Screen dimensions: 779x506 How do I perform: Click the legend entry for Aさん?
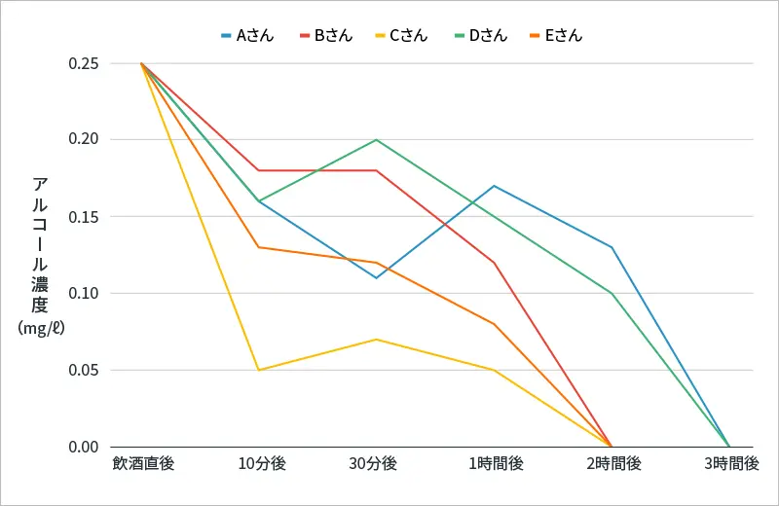coord(247,36)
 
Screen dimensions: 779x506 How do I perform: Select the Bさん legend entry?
coord(326,36)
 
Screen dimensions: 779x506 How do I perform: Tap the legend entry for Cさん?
coord(401,36)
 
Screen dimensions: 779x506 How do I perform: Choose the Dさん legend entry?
coord(481,36)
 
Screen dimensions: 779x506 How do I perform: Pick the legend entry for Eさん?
coord(556,36)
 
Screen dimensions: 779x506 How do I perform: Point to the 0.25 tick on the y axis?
coord(84,63)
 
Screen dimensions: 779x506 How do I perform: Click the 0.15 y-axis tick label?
coord(84,217)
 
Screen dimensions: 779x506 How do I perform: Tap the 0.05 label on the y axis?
coord(84,371)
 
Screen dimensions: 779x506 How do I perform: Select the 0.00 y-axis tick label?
coord(84,447)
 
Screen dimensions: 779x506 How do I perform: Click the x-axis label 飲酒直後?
coord(143,464)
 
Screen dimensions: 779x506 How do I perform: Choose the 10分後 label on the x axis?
coord(262,464)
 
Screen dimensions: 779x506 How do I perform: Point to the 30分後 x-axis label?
coord(373,464)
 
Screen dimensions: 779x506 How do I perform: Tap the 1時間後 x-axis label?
coord(496,464)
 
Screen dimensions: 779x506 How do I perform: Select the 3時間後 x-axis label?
coord(731,464)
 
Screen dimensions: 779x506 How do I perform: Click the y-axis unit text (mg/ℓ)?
coord(41,328)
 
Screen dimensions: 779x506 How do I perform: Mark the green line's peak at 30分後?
coord(377,139)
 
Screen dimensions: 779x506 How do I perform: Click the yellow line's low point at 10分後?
coord(259,370)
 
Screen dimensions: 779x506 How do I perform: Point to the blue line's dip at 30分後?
coord(377,277)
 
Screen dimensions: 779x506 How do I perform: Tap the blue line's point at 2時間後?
coord(612,247)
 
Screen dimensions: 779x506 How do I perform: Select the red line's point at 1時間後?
coord(495,263)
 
